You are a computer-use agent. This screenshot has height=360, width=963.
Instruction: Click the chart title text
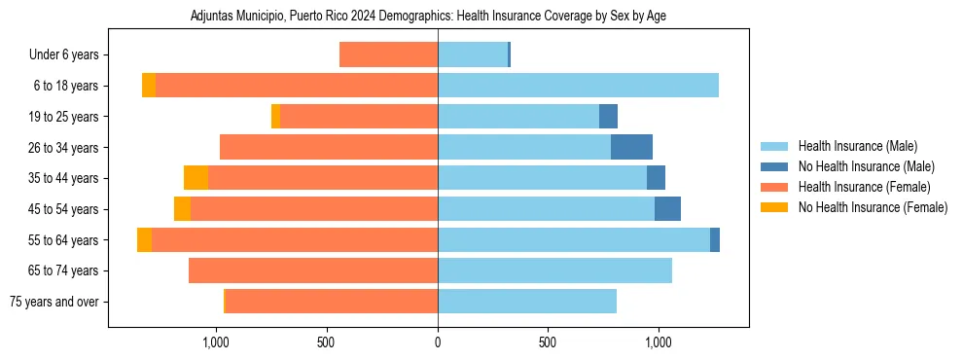(x=428, y=17)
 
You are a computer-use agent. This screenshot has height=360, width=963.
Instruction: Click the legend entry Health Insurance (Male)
(x=857, y=146)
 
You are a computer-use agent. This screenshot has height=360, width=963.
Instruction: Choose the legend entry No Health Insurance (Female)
(x=873, y=207)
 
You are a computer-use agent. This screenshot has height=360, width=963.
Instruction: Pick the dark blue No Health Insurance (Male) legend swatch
(x=774, y=166)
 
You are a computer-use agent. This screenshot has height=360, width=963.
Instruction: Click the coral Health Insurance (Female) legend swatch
(x=774, y=187)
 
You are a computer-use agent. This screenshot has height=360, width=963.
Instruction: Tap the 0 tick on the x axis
(x=438, y=342)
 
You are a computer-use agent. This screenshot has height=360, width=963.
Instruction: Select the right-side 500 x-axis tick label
(x=548, y=342)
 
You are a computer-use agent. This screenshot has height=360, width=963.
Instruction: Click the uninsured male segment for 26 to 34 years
(x=631, y=147)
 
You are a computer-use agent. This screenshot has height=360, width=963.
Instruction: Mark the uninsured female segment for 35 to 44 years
(x=196, y=178)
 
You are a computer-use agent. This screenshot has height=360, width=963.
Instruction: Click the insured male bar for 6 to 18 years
(x=578, y=86)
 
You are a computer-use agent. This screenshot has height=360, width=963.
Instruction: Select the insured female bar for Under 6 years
(x=388, y=54)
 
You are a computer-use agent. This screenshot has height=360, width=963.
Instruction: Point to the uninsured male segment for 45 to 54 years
(x=667, y=209)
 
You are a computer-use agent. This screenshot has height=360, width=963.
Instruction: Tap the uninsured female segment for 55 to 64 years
(x=144, y=240)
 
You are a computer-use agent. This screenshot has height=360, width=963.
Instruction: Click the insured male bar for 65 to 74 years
(x=554, y=270)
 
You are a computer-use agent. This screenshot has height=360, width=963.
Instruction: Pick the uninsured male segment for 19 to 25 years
(x=608, y=117)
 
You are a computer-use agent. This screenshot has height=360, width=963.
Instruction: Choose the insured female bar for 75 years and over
(x=331, y=302)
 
